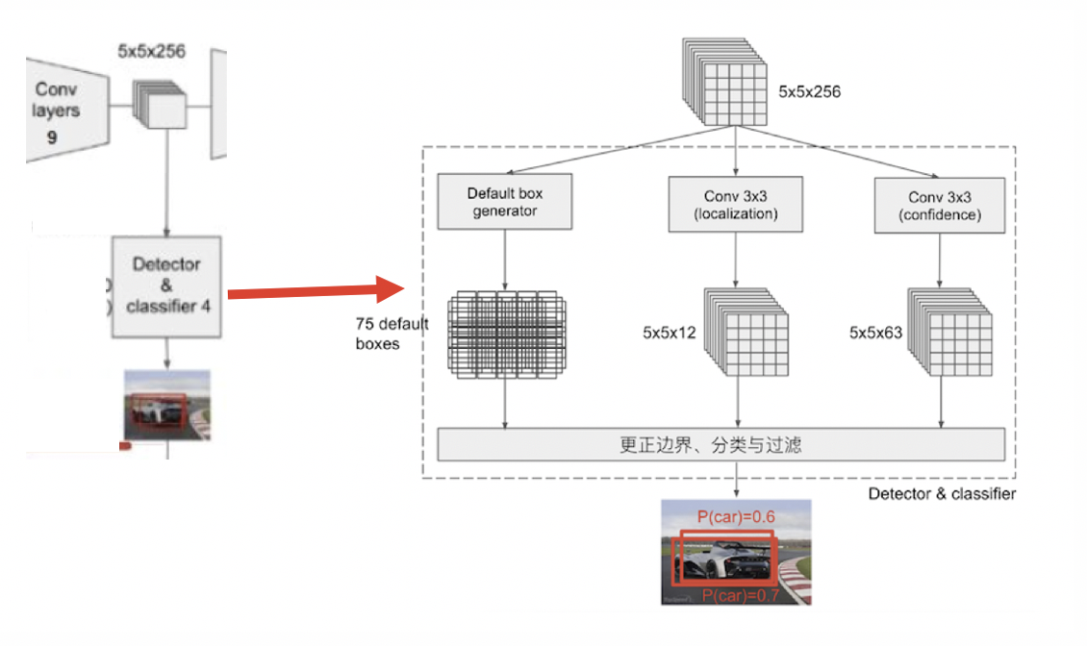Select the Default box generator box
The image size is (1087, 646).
click(x=504, y=202)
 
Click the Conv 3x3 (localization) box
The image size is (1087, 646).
click(x=735, y=205)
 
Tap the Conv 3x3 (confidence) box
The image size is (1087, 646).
click(x=939, y=206)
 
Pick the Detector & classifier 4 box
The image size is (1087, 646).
click(x=167, y=285)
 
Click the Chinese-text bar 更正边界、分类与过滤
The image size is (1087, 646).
click(x=721, y=445)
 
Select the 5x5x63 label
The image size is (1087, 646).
click(x=874, y=333)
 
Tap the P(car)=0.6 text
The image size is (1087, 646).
click(x=736, y=517)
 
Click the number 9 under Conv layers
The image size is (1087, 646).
click(x=51, y=137)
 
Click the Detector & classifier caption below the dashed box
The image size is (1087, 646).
click(x=941, y=494)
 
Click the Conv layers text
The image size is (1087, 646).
click(x=56, y=100)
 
